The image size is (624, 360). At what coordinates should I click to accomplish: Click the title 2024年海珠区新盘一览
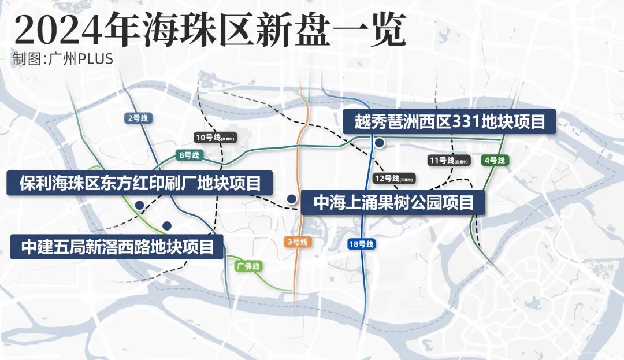click(210, 29)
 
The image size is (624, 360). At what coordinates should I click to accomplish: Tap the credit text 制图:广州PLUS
click(62, 59)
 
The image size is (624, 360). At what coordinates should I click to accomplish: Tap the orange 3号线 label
click(297, 242)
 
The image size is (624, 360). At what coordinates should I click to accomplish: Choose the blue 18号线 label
click(362, 244)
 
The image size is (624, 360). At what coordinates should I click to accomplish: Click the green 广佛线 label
click(249, 266)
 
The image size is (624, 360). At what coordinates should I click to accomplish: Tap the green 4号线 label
click(494, 160)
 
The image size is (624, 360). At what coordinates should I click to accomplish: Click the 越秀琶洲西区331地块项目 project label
click(448, 122)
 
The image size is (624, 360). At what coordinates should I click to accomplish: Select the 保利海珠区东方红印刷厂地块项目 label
click(139, 183)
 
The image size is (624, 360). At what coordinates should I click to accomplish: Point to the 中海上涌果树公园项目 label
click(393, 202)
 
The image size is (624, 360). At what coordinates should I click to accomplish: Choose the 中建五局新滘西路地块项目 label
click(117, 247)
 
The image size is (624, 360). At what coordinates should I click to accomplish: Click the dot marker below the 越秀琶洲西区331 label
click(379, 143)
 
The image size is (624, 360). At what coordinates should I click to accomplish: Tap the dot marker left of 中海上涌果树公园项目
click(292, 199)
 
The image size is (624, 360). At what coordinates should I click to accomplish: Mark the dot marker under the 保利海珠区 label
click(139, 205)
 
